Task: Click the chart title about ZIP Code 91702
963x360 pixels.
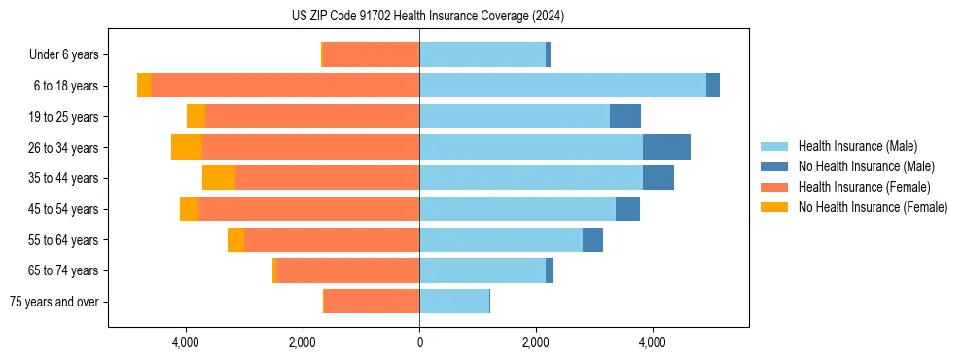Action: click(427, 17)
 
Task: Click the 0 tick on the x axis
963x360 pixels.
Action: click(419, 342)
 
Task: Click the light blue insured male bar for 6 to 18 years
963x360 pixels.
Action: click(562, 86)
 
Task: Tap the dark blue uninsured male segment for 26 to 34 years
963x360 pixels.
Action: click(666, 147)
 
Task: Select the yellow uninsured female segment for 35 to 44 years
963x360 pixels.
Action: click(219, 178)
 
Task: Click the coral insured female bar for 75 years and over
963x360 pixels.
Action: click(372, 302)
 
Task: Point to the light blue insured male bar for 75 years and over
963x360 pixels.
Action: click(454, 302)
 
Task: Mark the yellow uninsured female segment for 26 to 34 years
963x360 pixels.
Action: click(187, 147)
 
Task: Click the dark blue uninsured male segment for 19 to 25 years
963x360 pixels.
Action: click(625, 117)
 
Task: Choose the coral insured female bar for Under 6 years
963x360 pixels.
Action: click(371, 55)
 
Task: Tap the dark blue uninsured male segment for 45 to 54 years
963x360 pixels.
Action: click(627, 209)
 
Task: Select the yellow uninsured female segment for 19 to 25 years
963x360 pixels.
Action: click(196, 117)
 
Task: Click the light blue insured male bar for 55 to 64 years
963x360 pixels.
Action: click(501, 239)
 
